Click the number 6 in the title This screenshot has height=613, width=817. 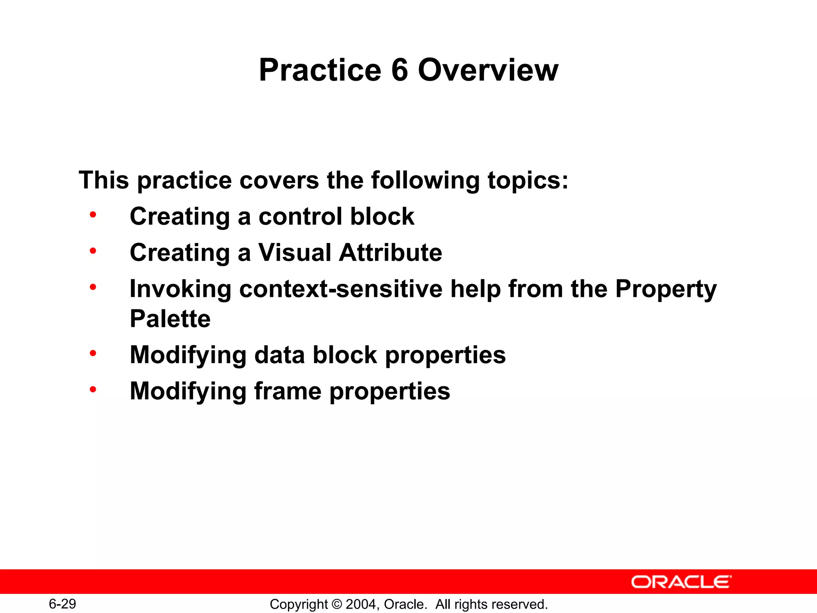(x=400, y=70)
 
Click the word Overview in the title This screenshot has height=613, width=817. (x=487, y=70)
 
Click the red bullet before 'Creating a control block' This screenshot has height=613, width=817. (x=93, y=215)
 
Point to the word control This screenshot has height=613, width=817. (x=300, y=217)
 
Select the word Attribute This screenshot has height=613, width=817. (x=391, y=253)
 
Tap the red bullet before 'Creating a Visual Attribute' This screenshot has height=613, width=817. (x=93, y=251)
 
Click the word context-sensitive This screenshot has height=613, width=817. (x=341, y=289)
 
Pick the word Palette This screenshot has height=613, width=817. (x=170, y=319)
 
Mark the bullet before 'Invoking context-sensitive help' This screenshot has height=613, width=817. (x=93, y=287)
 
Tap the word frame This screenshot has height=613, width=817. (x=288, y=391)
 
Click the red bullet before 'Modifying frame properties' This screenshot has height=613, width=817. (x=93, y=389)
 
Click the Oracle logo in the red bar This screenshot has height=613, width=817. (x=681, y=582)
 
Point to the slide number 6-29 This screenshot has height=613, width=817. (x=62, y=604)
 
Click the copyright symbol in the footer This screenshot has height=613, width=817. (x=337, y=604)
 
